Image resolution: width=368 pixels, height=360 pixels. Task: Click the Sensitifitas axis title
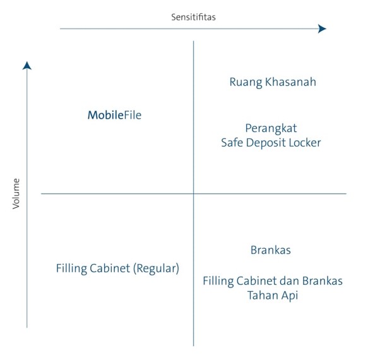[193, 17]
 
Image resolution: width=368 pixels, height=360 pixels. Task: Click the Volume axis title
[16, 194]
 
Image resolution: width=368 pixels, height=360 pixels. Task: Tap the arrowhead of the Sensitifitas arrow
[322, 28]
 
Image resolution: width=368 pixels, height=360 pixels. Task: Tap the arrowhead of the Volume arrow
[27, 66]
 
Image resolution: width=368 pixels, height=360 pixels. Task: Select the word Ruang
[246, 83]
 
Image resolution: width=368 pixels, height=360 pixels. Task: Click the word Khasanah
[290, 81]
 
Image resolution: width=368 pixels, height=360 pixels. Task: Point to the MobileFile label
[114, 115]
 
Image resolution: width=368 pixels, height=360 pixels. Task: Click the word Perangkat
[271, 129]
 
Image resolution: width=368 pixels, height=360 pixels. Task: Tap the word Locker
[305, 143]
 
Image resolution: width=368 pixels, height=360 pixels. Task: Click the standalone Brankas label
[271, 250]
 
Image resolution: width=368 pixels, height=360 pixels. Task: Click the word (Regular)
[157, 268]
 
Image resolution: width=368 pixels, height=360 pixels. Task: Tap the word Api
[290, 296]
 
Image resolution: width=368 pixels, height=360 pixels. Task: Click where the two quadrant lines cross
[193, 194]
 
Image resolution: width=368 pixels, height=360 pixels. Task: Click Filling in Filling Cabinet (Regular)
[71, 268]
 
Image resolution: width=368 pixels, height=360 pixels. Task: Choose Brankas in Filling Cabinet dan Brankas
[322, 281]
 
